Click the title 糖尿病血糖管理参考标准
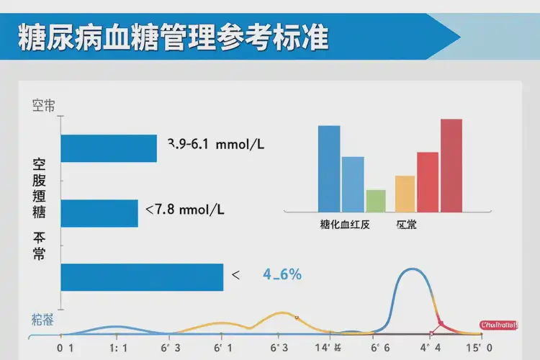tap(173, 37)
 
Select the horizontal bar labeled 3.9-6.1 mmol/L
tap(109, 148)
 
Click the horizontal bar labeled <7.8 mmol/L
tap(99, 213)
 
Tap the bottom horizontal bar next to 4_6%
tap(142, 277)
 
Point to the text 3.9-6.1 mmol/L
tap(216, 144)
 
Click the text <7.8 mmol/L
tap(185, 210)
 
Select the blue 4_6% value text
tap(282, 274)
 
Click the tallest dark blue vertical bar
tap(329, 168)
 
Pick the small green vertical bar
tap(376, 201)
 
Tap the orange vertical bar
tap(405, 194)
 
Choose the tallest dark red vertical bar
tap(451, 166)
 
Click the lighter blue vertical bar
tap(353, 184)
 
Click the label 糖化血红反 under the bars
tap(345, 225)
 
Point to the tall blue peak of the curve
tap(411, 270)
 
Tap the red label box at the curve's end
tap(499, 325)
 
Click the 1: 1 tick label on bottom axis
tap(118, 347)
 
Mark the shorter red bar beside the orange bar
tap(428, 182)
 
